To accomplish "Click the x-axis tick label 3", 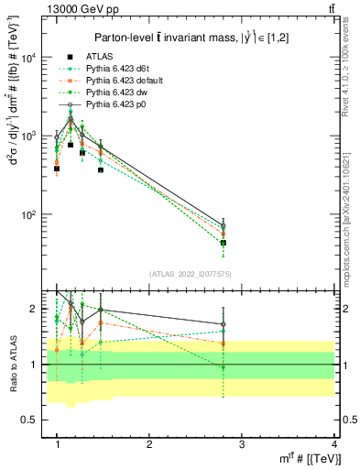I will pyautogui.click(x=242, y=444).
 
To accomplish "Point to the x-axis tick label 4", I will pyautogui.click(x=334, y=444).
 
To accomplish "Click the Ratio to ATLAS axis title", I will pyautogui.click(x=12, y=365).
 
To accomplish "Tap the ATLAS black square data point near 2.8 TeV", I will pyautogui.click(x=224, y=243).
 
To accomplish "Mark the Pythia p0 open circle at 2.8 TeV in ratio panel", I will pyautogui.click(x=224, y=324).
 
